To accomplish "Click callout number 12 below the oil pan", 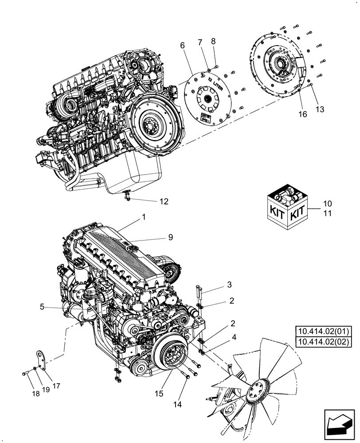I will pyautogui.click(x=164, y=201).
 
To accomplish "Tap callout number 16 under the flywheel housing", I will pyautogui.click(x=303, y=115).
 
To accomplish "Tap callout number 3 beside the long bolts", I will pyautogui.click(x=229, y=284).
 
